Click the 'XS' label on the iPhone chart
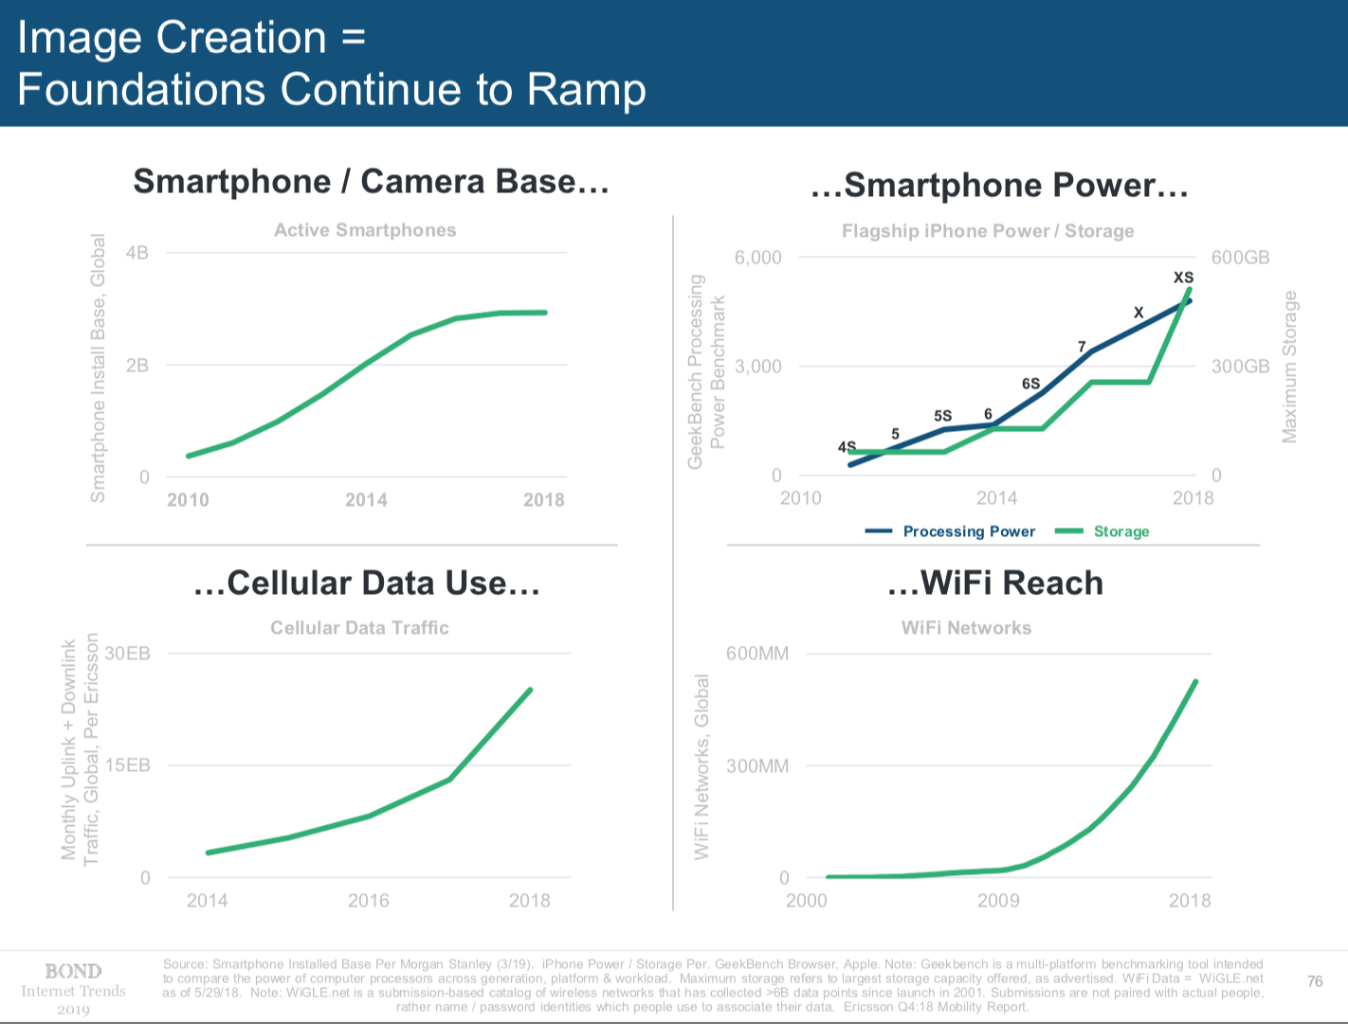click(x=1183, y=278)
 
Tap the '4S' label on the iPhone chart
click(x=847, y=446)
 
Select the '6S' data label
click(x=1030, y=384)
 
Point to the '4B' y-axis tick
click(x=137, y=253)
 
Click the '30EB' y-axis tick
click(x=127, y=654)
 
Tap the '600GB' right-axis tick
click(x=1240, y=258)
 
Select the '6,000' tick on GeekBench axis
click(x=757, y=258)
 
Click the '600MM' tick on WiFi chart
click(x=756, y=654)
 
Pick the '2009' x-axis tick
click(x=998, y=900)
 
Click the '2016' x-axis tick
click(x=368, y=900)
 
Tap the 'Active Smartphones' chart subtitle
click(x=365, y=230)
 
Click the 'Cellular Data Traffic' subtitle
click(x=359, y=628)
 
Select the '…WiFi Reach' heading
click(x=995, y=583)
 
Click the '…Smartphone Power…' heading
click(x=999, y=185)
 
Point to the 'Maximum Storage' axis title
click(x=1289, y=367)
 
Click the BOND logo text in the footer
click(x=73, y=971)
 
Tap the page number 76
click(x=1315, y=981)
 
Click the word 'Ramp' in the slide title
click(x=587, y=89)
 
